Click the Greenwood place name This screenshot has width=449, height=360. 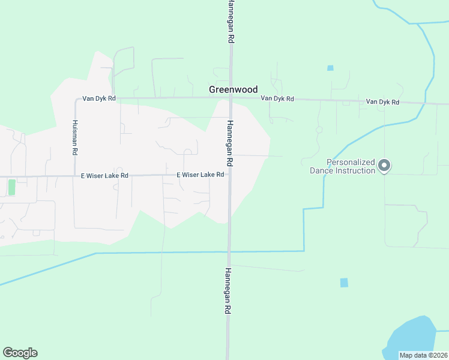[233, 89]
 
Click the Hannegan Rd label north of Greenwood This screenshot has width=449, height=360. [231, 21]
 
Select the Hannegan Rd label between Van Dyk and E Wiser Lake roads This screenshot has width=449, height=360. [229, 143]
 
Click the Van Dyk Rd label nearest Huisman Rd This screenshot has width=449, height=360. [99, 98]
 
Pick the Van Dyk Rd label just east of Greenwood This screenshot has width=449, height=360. [277, 98]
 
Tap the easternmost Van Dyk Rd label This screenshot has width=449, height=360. [382, 102]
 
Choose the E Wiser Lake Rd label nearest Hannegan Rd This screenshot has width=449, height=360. [200, 175]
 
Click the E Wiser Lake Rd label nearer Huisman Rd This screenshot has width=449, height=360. [104, 176]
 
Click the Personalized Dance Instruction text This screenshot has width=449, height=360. [342, 166]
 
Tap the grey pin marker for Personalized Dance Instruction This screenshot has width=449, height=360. [385, 165]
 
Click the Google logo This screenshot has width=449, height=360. [20, 353]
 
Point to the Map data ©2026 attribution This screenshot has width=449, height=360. [423, 355]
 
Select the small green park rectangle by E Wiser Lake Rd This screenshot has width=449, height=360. [11, 187]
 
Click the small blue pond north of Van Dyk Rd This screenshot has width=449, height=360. [330, 68]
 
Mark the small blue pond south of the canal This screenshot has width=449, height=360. [344, 283]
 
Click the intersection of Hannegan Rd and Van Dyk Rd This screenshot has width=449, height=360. [231, 98]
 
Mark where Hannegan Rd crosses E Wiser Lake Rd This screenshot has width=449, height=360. [229, 176]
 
